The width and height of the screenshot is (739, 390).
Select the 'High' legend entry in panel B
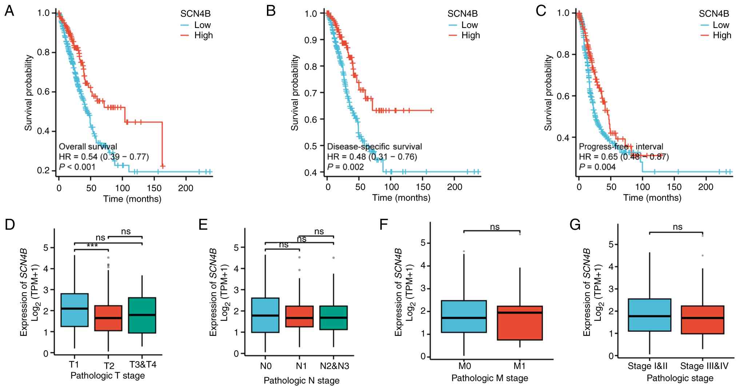470,35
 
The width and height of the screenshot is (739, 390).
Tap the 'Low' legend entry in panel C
721,25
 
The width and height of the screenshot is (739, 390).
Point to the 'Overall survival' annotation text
88,146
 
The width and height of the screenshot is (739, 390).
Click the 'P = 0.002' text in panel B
345,167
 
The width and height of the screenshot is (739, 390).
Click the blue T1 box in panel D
74,310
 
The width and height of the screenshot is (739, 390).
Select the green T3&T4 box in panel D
142,315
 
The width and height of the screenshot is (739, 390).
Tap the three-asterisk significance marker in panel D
92,246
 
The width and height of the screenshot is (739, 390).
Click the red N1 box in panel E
299,316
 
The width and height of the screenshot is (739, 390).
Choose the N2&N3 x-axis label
334,366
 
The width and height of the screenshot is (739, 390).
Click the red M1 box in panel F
520,323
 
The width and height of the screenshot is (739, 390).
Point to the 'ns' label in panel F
495,227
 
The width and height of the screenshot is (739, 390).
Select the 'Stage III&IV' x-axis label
704,366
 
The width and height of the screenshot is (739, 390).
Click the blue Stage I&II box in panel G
650,315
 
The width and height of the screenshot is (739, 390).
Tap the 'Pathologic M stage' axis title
490,378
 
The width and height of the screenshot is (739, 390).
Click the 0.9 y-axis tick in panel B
311,40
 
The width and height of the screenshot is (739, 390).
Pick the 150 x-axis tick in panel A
154,188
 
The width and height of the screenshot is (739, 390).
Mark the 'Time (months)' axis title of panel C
652,198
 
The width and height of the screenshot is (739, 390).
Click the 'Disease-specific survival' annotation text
375,146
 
